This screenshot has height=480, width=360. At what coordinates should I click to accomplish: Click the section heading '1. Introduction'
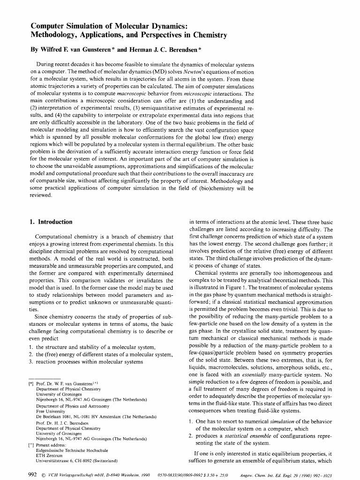point(51,222)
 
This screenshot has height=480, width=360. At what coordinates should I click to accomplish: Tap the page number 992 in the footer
point(32,474)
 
